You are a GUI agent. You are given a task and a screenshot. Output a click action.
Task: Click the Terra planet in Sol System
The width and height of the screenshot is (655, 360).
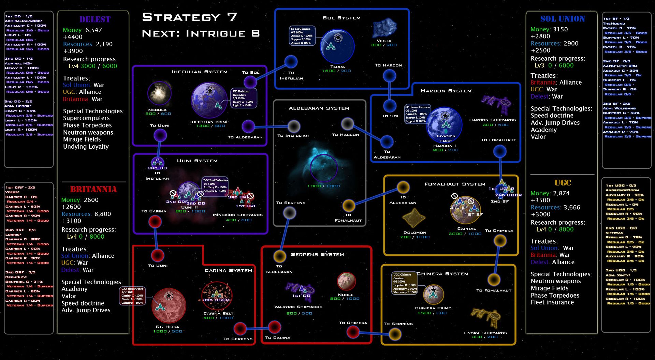point(337,46)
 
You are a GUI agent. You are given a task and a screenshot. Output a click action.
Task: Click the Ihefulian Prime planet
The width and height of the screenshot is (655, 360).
point(209,100)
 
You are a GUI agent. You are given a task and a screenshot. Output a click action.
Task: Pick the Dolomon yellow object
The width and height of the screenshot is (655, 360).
point(414,218)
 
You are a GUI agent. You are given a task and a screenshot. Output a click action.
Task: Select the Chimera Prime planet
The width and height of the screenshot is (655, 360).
point(433,294)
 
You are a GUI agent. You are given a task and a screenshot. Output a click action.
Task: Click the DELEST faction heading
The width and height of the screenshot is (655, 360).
point(95,19)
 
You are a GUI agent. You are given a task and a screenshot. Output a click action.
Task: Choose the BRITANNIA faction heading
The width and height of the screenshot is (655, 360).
point(93,189)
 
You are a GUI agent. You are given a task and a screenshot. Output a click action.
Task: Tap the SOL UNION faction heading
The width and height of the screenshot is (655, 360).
point(563,19)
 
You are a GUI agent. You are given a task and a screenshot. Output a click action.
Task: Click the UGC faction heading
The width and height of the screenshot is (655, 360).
point(563,183)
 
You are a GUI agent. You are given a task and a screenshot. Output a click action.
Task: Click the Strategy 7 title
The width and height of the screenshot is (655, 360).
point(189,17)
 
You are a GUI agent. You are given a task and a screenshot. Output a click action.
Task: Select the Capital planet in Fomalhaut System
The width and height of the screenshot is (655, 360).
point(465,210)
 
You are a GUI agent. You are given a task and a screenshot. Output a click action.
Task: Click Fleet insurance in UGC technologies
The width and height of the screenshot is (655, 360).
point(552,302)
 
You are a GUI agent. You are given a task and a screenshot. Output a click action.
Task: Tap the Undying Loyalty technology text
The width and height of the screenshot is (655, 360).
point(86,147)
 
